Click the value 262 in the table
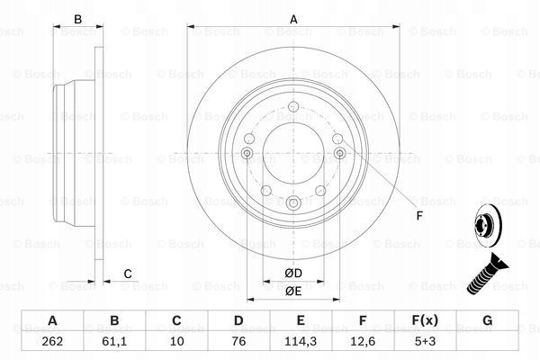[52, 341]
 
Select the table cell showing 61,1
[114, 341]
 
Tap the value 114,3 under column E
[301, 341]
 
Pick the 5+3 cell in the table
[425, 341]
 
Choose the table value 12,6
[363, 341]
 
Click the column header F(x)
[425, 320]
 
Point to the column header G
[487, 320]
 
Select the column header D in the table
[238, 320]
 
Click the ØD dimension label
[293, 274]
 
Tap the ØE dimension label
[293, 292]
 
